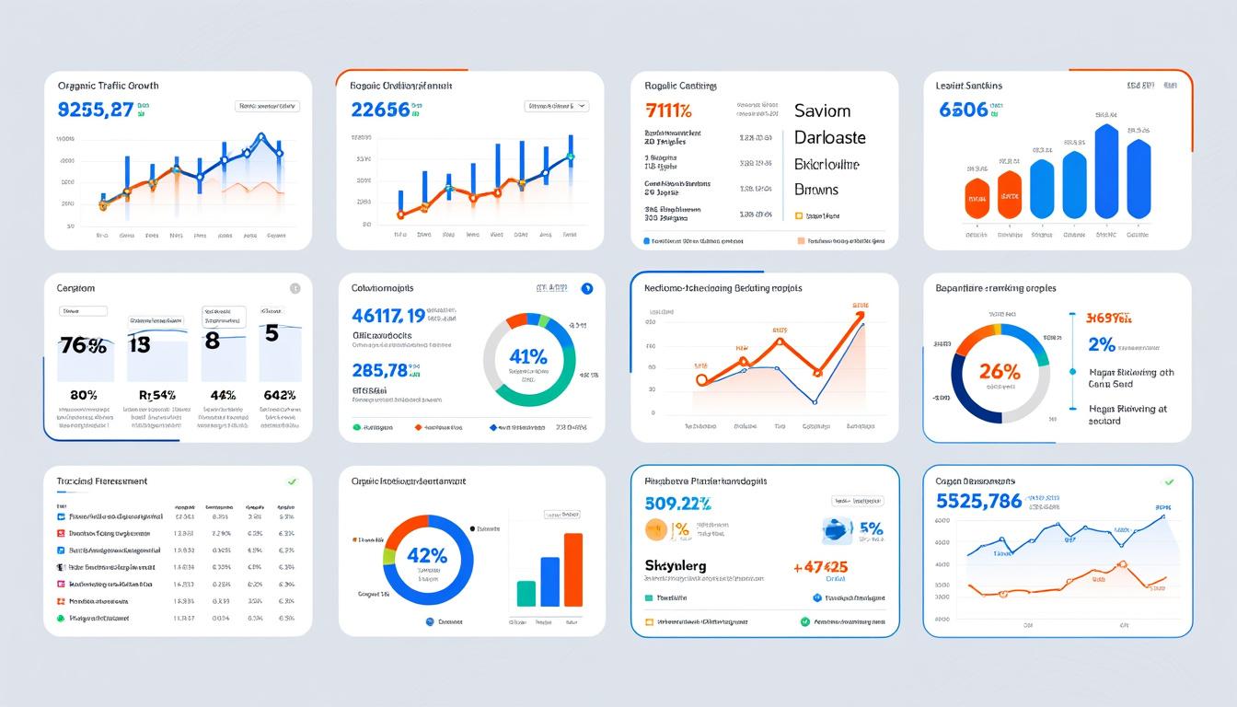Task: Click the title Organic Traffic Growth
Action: (108, 86)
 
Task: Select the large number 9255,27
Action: (96, 110)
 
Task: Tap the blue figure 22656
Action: (380, 110)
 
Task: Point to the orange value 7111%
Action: (669, 111)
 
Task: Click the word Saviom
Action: (822, 110)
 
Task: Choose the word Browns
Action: (816, 190)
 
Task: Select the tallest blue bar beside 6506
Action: (1107, 172)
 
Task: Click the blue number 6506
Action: (964, 110)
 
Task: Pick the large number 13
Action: (139, 343)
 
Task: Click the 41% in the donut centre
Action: (528, 356)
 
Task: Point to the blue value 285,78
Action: (379, 370)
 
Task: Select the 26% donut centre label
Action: (1000, 371)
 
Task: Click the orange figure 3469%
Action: (1108, 319)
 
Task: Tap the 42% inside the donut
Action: (427, 556)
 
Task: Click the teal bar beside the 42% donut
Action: (526, 593)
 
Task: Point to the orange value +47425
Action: (820, 567)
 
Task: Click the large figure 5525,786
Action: (978, 501)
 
